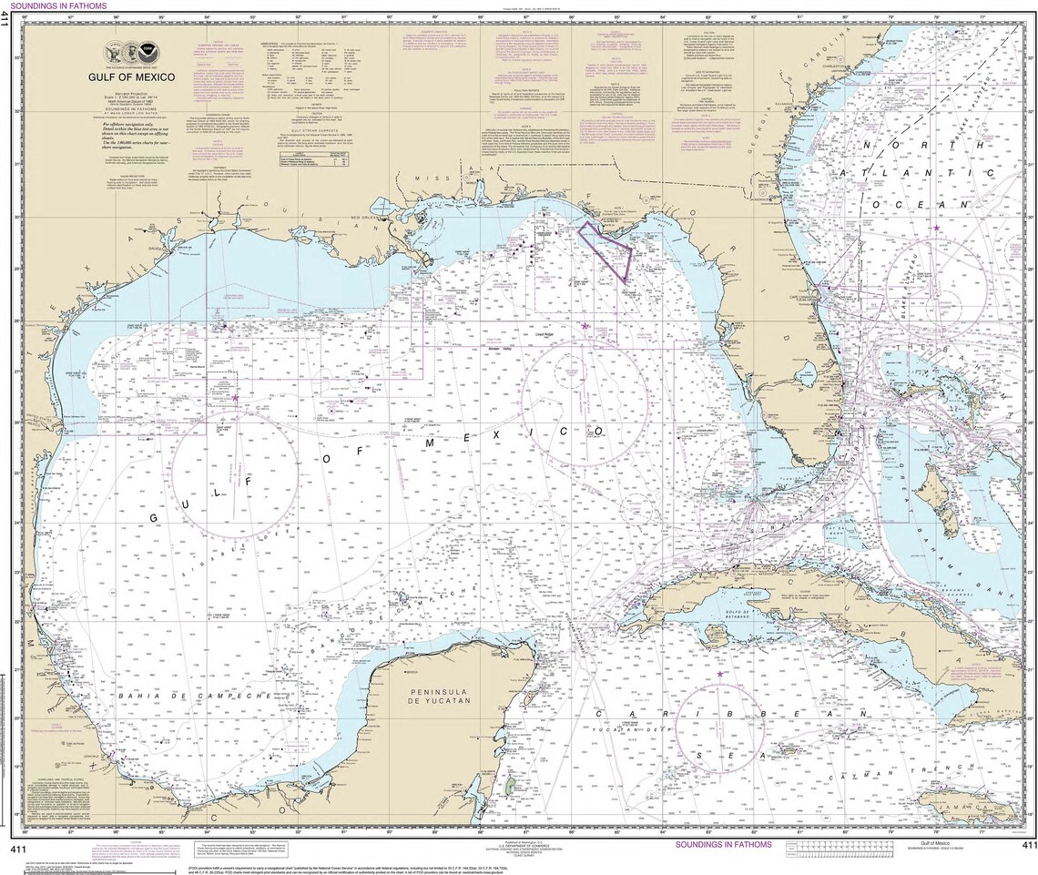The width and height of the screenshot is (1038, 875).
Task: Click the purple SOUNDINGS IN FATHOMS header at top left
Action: click(x=55, y=5)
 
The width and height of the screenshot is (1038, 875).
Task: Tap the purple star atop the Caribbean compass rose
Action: click(x=719, y=675)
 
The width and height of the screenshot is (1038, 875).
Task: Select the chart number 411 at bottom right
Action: click(x=1028, y=847)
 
